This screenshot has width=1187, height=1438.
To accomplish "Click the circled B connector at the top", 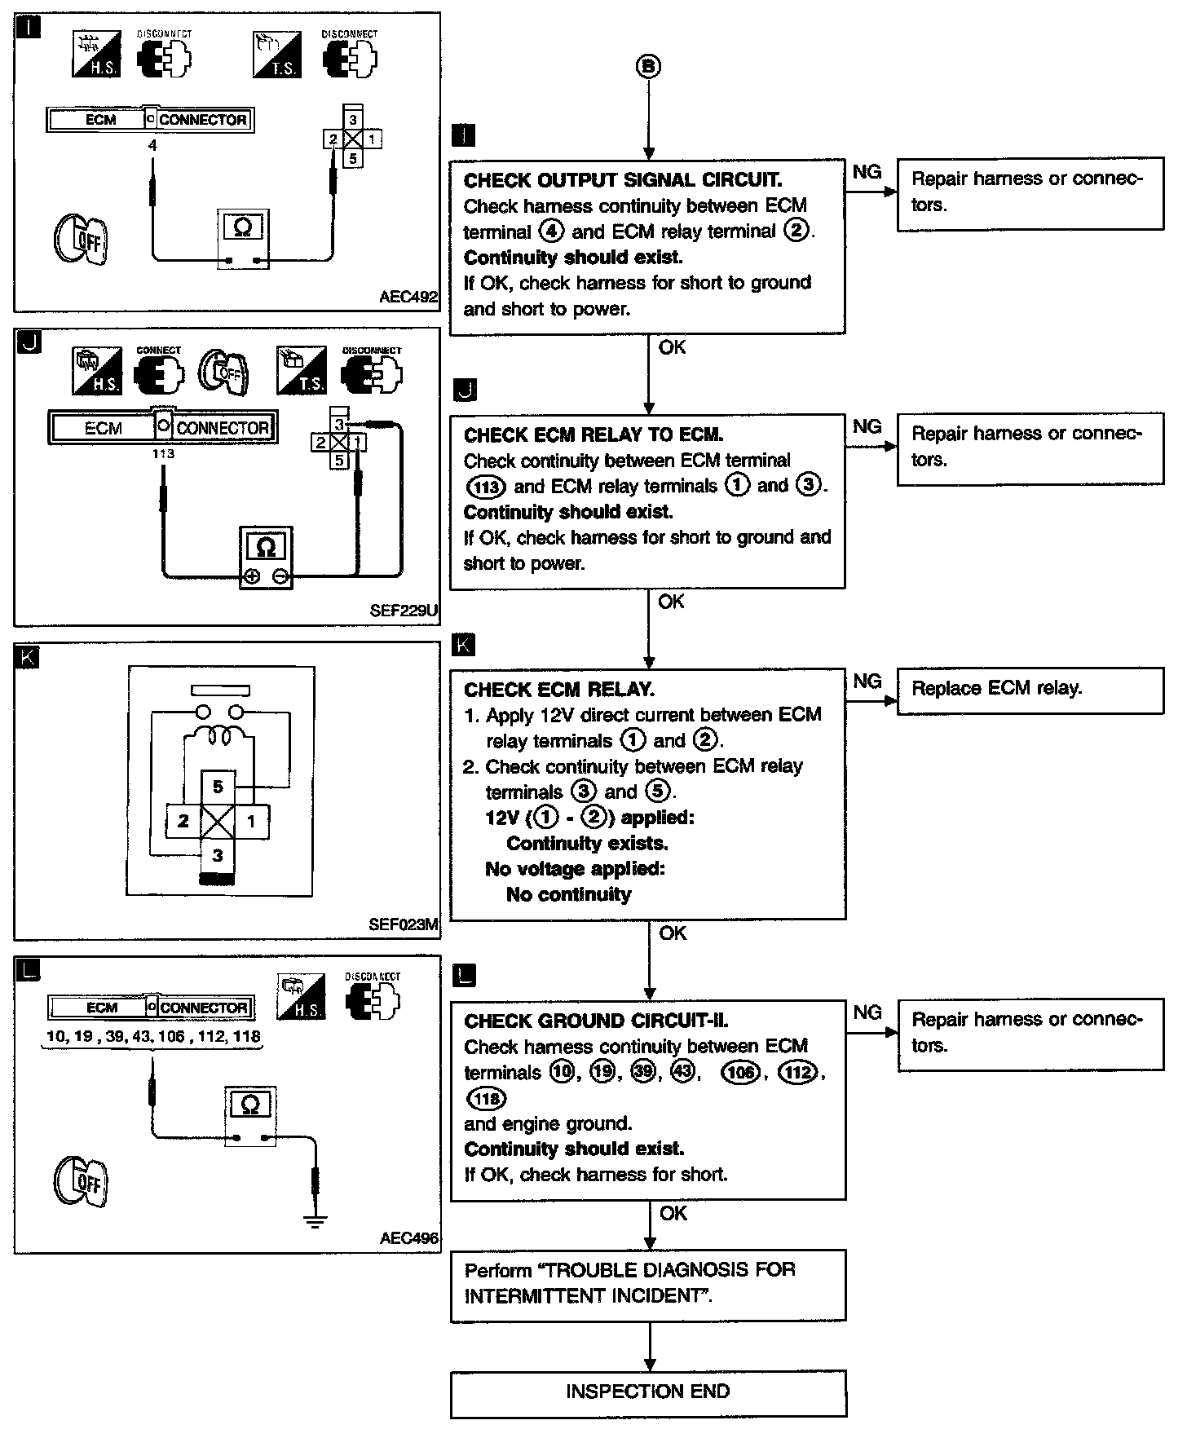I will tap(648, 67).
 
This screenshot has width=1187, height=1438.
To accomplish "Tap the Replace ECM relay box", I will tap(1030, 690).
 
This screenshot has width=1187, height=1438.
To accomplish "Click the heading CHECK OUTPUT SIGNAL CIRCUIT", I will tap(622, 180).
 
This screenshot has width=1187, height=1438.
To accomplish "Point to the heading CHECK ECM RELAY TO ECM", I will tap(593, 435).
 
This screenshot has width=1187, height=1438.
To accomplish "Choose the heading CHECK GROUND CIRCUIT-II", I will tap(596, 1021).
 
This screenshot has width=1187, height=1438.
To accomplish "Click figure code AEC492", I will tap(408, 298).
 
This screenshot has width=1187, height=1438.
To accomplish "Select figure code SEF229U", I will tap(404, 610).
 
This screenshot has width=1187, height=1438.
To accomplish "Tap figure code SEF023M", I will tap(404, 924).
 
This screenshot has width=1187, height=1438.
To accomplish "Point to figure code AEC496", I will tap(408, 1237).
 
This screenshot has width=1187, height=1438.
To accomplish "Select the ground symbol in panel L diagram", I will tap(316, 1220).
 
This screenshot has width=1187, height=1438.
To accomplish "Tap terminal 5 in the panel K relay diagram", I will tap(218, 787).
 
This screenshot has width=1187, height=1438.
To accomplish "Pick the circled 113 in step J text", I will tap(486, 487).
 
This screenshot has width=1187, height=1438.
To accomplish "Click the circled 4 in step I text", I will tap(552, 232).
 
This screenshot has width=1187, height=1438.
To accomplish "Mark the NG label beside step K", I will tap(867, 681).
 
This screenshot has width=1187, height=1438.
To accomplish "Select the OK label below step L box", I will tap(673, 1213).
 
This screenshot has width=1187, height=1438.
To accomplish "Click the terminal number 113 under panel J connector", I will tap(163, 453).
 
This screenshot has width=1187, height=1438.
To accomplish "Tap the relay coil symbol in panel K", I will tap(218, 734).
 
